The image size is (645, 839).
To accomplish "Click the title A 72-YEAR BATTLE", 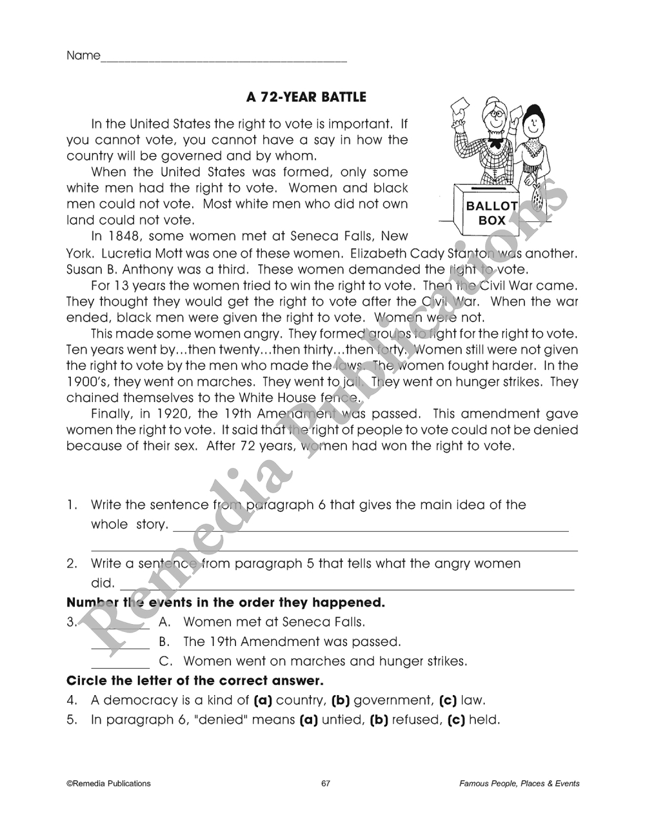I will [x=306, y=97].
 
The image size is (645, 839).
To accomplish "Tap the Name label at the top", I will [x=83, y=56].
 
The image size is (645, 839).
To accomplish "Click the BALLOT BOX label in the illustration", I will [x=491, y=213].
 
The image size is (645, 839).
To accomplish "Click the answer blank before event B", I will [x=120, y=647].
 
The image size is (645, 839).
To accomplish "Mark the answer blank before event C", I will [x=120, y=666].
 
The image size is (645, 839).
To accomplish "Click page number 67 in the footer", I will [x=325, y=783].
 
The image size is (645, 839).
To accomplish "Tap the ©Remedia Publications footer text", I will [x=108, y=783].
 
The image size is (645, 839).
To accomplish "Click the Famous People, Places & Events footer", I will [x=519, y=783].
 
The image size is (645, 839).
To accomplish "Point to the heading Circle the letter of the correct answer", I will [x=195, y=681].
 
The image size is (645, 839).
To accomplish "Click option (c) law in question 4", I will [x=462, y=700].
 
